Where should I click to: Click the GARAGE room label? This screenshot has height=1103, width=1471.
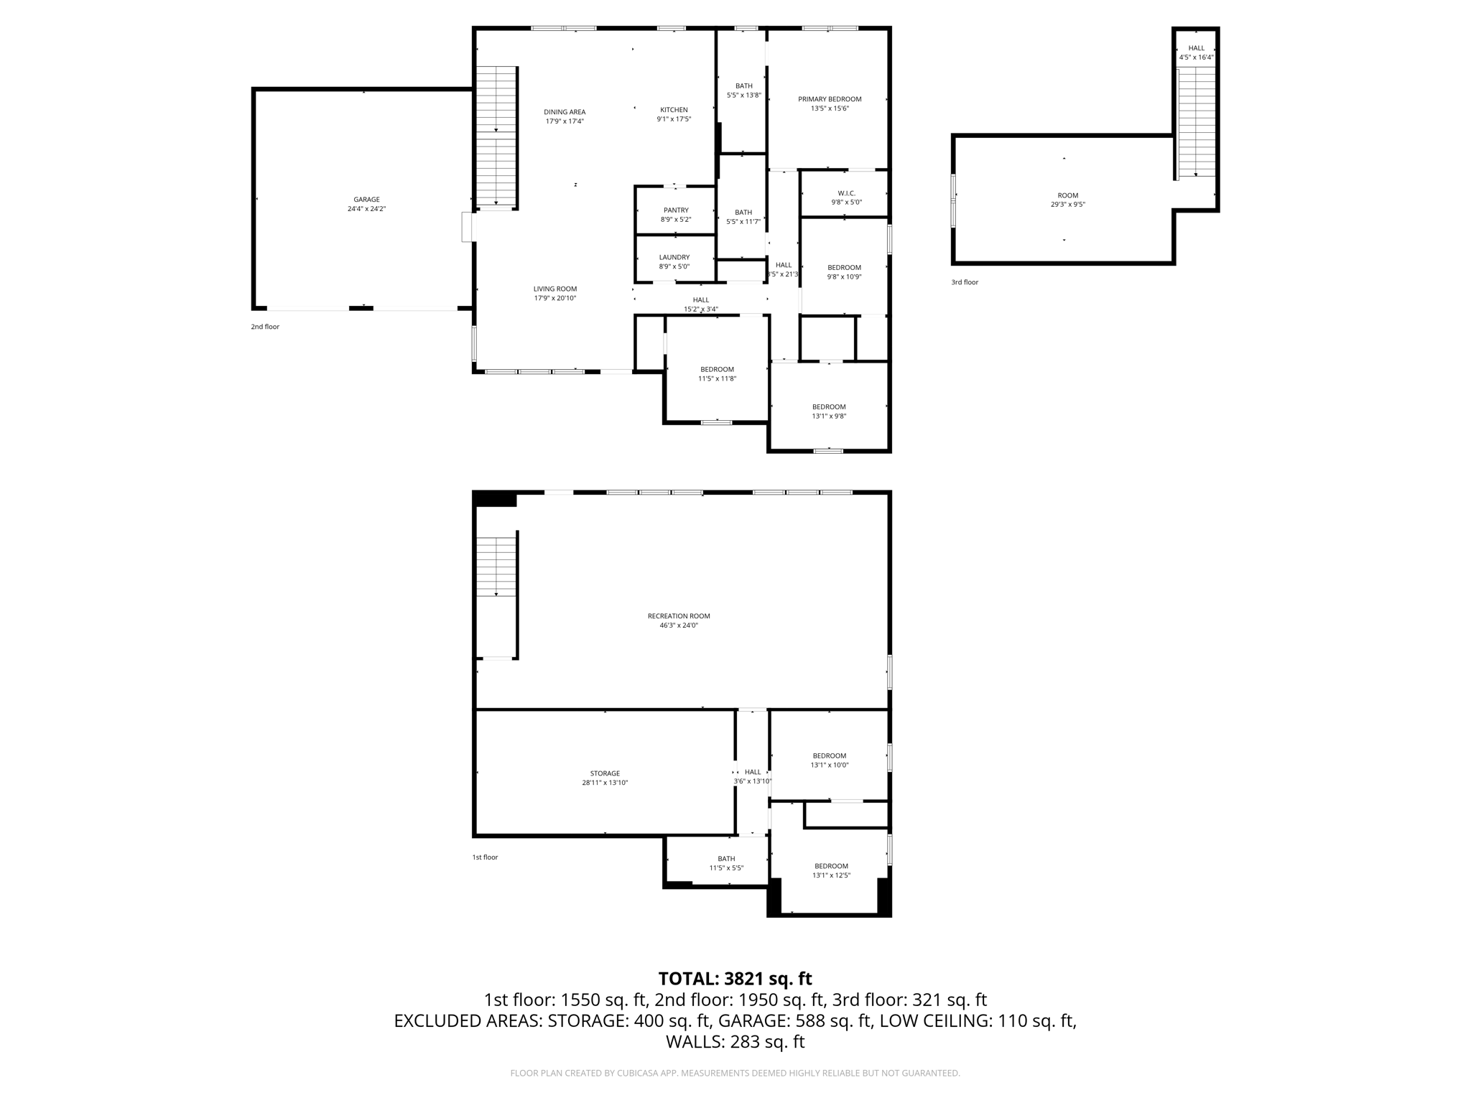(x=366, y=200)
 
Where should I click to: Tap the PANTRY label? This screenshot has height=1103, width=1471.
(x=675, y=210)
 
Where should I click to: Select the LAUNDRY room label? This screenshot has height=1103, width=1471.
(x=674, y=257)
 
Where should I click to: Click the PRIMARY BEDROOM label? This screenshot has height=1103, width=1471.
(x=830, y=99)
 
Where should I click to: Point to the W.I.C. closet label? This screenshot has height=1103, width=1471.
(x=846, y=193)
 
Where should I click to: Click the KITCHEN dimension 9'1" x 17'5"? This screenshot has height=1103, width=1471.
(x=674, y=119)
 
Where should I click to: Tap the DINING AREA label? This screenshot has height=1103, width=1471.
(x=565, y=112)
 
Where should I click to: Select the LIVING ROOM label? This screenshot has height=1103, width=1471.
(x=554, y=289)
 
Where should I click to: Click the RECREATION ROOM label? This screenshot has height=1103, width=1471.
(x=679, y=616)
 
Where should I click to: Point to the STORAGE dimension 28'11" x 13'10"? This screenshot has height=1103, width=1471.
(x=605, y=783)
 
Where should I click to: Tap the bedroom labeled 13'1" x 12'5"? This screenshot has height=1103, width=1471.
(x=831, y=870)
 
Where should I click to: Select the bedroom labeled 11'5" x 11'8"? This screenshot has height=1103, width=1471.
(x=717, y=373)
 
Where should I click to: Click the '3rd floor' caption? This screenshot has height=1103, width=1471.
(x=965, y=282)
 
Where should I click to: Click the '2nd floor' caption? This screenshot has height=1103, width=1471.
(x=265, y=327)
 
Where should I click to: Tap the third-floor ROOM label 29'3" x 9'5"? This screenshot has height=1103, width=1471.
(x=1067, y=200)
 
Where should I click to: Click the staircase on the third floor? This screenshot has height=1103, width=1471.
(x=1196, y=122)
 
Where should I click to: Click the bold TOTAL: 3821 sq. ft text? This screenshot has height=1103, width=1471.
(x=735, y=979)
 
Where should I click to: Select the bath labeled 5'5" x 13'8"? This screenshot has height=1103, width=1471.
(x=743, y=90)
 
